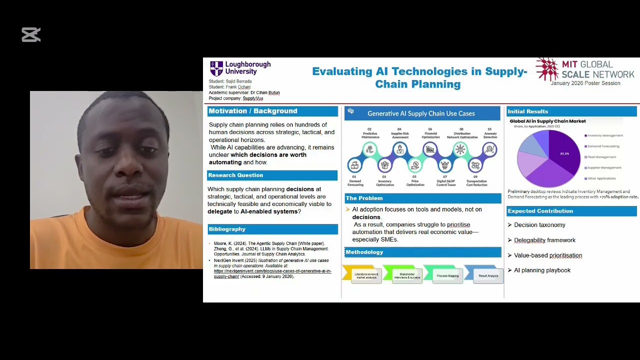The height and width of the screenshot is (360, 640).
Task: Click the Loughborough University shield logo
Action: [x=216, y=68]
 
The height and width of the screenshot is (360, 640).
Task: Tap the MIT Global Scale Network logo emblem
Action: [x=547, y=69]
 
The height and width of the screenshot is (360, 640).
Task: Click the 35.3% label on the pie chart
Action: [x=564, y=153]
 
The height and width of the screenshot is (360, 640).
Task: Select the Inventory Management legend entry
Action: [x=604, y=135]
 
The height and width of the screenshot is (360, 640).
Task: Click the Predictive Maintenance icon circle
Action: [x=370, y=149]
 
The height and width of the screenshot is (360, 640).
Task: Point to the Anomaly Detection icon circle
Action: [x=490, y=149]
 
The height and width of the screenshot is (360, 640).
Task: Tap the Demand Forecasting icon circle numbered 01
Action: [x=355, y=165]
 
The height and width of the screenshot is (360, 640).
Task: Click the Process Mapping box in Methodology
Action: [x=447, y=275]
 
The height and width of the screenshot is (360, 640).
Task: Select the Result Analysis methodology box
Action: [x=488, y=275]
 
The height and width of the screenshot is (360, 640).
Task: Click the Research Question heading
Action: [x=235, y=175]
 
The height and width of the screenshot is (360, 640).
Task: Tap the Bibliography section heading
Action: [x=227, y=229]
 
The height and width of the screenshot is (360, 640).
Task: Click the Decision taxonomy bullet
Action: [x=539, y=225]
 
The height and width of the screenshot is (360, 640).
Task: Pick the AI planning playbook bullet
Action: [x=542, y=270]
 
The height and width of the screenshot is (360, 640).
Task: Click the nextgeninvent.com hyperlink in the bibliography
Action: [x=272, y=273]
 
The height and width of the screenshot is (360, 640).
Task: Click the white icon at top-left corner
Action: [x=31, y=34]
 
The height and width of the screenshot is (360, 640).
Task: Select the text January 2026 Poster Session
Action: [x=585, y=83]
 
